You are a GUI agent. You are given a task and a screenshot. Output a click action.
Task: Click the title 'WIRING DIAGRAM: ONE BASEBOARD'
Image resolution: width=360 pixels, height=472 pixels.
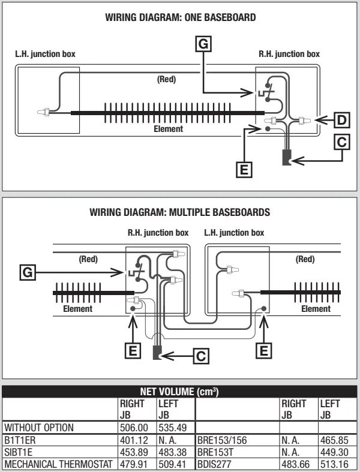(180, 18)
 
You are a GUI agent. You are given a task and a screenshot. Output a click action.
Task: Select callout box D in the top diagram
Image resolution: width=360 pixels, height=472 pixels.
(341, 120)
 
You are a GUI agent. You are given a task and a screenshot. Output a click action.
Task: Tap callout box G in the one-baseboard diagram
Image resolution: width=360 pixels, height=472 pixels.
(205, 44)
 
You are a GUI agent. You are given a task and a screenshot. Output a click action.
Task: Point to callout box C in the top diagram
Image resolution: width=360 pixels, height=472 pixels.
(341, 142)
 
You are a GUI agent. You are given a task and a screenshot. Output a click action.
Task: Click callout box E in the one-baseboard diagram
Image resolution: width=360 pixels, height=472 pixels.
(244, 170)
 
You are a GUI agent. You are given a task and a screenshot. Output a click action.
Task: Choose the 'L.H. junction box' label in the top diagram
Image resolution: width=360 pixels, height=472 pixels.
(46, 54)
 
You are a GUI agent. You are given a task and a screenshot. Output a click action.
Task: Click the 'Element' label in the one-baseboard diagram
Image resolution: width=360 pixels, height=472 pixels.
(169, 128)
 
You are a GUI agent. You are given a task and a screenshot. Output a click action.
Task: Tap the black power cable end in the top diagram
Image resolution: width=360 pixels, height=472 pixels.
(286, 160)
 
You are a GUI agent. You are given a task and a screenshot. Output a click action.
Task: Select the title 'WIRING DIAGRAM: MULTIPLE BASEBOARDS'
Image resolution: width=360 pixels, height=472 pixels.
(179, 212)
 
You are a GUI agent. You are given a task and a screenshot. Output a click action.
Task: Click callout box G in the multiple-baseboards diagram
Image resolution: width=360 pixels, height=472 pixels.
(26, 272)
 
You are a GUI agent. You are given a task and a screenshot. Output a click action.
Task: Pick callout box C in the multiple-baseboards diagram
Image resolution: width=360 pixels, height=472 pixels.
(202, 355)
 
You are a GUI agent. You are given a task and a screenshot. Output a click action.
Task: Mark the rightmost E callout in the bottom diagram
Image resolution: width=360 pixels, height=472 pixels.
(262, 350)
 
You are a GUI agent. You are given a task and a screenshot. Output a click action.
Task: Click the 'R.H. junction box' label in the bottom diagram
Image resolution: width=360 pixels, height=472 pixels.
(158, 232)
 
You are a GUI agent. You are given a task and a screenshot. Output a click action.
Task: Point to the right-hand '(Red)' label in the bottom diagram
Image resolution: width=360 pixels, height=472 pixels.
(305, 260)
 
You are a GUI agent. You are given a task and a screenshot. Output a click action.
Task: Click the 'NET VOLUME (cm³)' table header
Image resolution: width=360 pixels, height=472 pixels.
(180, 392)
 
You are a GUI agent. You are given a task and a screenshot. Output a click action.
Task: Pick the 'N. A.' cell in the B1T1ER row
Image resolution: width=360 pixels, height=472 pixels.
(169, 440)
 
